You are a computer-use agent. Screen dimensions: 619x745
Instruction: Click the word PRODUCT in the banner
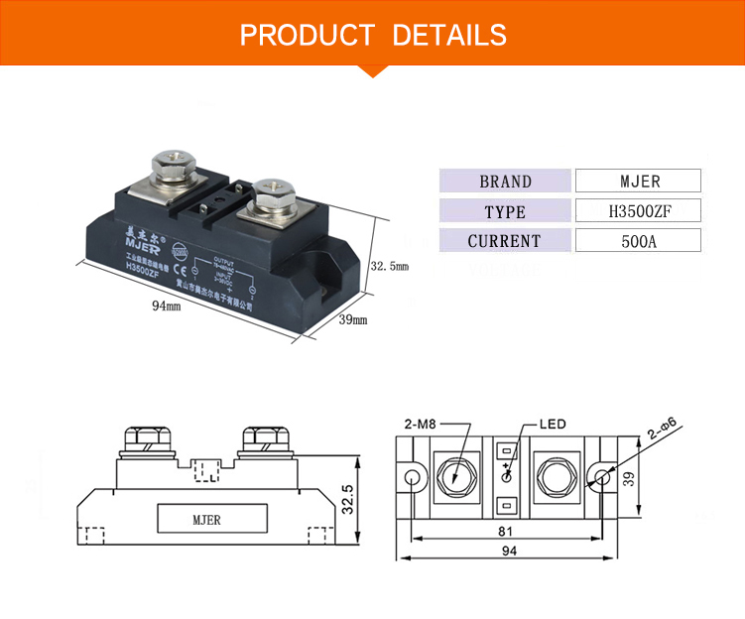[x=307, y=36]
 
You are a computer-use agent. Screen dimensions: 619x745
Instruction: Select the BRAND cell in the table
[x=505, y=182]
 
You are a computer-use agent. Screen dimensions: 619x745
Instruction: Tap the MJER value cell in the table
[x=639, y=182]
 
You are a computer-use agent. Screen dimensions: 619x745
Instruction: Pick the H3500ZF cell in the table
[x=639, y=211]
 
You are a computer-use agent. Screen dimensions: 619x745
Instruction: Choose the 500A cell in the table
[x=639, y=241]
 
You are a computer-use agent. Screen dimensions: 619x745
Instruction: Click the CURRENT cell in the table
[x=505, y=241]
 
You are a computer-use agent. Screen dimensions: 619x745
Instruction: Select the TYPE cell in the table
[x=505, y=211]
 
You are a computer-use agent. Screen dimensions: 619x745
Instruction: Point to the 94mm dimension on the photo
[x=166, y=307]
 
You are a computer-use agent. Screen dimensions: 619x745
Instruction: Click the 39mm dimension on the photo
[x=353, y=319]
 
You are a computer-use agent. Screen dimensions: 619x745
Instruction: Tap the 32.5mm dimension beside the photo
[x=389, y=266]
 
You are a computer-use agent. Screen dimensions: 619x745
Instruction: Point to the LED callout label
[x=553, y=424]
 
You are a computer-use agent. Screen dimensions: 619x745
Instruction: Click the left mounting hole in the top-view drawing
[x=412, y=477]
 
